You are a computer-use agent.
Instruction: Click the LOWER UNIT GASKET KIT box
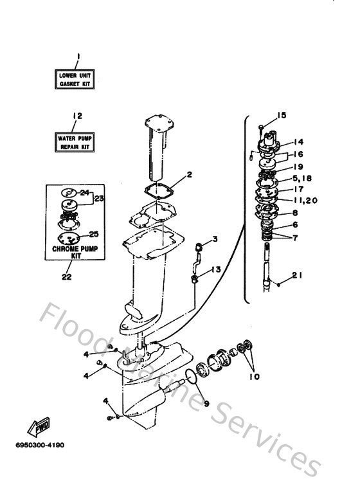[x=75, y=79]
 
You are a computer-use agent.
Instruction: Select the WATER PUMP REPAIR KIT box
[x=75, y=142]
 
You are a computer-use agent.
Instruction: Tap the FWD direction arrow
[x=39, y=428]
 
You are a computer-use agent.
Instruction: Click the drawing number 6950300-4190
[x=40, y=445]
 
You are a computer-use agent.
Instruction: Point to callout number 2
[x=189, y=175]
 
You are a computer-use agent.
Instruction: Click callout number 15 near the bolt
[x=282, y=115]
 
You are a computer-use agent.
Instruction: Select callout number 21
[x=297, y=275]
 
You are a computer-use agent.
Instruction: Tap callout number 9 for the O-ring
[x=206, y=404]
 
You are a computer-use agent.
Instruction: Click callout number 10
[x=255, y=377]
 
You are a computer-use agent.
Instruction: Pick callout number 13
[x=216, y=270]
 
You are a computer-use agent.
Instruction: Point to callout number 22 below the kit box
[x=67, y=276]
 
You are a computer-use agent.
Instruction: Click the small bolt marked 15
[x=261, y=128]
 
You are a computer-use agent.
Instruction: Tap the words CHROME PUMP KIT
[x=75, y=252]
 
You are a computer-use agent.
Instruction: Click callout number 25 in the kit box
[x=94, y=234]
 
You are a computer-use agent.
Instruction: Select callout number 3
[x=215, y=239]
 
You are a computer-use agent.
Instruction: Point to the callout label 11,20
[x=305, y=201]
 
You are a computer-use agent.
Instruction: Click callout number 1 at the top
[x=78, y=57]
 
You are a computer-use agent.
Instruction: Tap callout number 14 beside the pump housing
[x=298, y=141]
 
